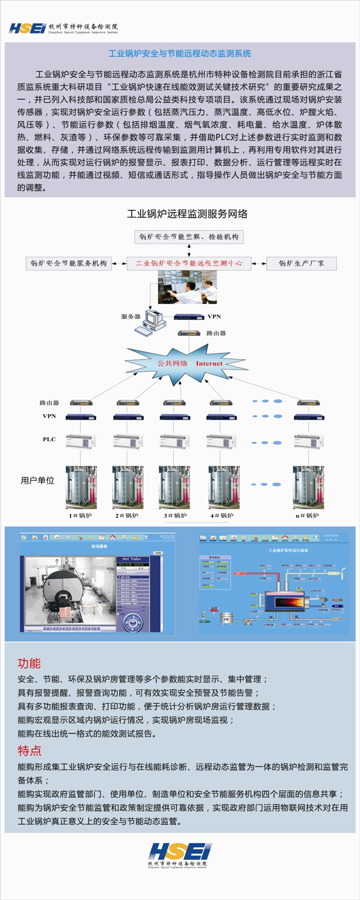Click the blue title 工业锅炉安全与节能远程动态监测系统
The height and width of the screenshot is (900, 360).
click(179, 53)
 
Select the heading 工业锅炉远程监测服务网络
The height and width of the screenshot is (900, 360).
click(187, 214)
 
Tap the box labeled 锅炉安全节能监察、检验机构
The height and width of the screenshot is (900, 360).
click(189, 237)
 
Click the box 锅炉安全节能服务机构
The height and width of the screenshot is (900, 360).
click(69, 263)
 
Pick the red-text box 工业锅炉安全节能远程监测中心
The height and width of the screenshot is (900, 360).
click(188, 263)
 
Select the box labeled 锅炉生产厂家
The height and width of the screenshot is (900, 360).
click(301, 263)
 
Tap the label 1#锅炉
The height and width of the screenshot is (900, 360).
click(80, 515)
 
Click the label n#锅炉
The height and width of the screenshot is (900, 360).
click(307, 515)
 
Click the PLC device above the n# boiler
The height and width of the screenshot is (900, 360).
click(308, 440)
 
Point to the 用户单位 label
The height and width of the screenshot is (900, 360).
click(38, 480)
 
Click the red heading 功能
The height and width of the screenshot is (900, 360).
click(29, 663)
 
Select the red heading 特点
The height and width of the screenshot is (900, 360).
click(29, 750)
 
